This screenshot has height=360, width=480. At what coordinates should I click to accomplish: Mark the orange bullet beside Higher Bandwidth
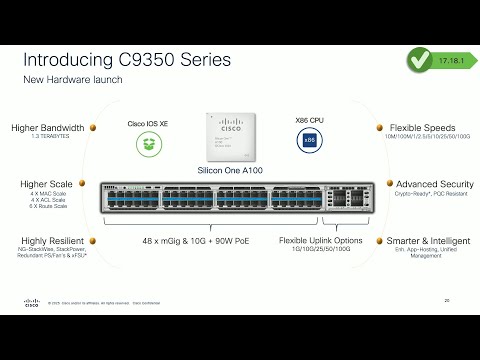tap(93, 128)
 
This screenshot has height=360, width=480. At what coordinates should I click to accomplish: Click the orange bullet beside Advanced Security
tap(389, 184)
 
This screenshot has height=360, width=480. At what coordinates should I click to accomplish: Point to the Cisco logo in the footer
tap(31, 300)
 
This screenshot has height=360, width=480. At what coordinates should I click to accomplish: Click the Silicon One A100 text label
tap(231, 171)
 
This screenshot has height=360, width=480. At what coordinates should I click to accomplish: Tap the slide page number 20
tap(447, 298)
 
